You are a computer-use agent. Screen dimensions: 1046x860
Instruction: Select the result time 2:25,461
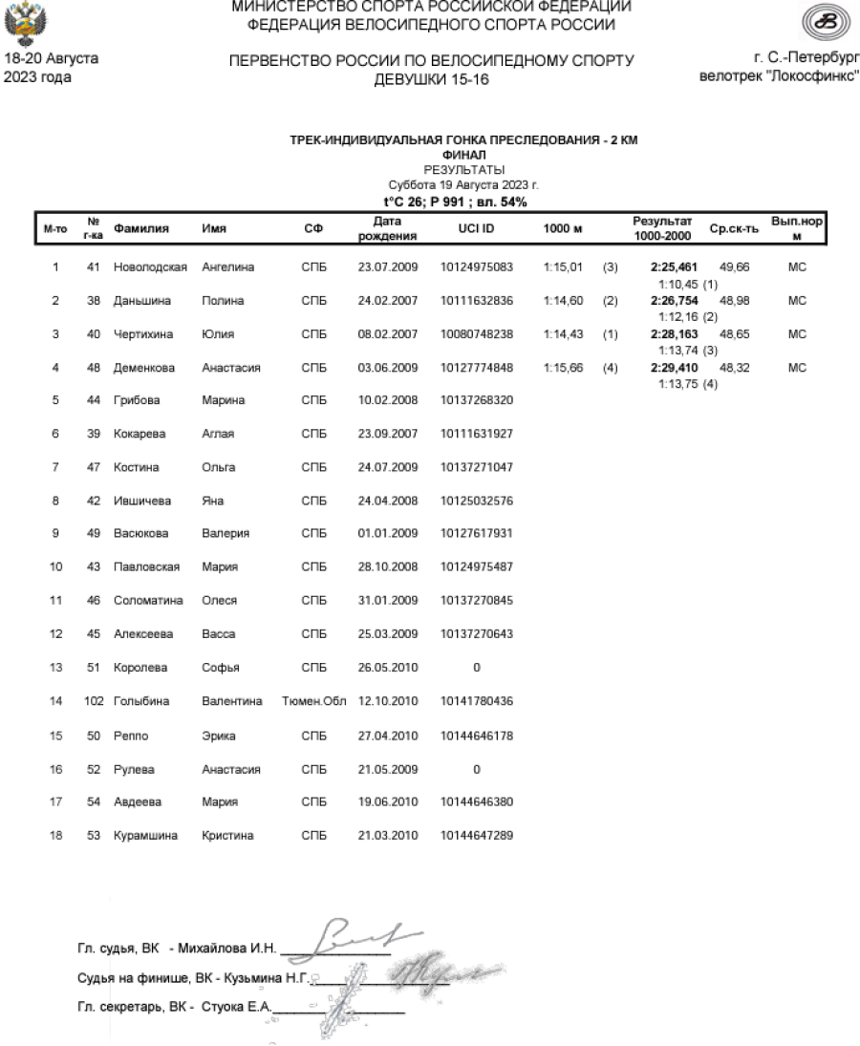pos(674,268)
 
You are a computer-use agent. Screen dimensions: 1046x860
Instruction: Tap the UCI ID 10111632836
pos(477,301)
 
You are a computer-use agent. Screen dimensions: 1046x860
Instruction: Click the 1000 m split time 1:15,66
pos(561,368)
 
